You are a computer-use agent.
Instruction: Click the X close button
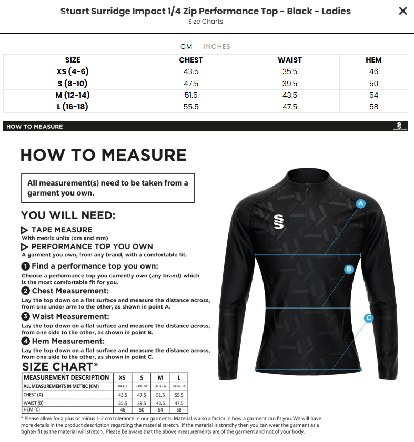(x=402, y=11)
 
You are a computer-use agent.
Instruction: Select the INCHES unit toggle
(x=217, y=46)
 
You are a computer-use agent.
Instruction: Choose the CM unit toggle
(x=186, y=46)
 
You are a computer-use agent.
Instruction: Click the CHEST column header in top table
(x=190, y=60)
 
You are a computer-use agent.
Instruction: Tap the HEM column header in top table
(x=373, y=60)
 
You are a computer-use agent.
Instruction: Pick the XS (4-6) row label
(x=73, y=71)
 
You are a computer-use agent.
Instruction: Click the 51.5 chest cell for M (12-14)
(x=190, y=95)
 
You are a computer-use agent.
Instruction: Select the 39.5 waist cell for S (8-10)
(x=289, y=84)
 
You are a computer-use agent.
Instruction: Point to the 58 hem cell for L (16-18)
(x=373, y=107)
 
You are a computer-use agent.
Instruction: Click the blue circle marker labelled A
(x=361, y=203)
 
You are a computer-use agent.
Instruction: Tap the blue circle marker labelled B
(x=348, y=270)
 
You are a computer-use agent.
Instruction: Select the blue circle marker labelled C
(x=369, y=317)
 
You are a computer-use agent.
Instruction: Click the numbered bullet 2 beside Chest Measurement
(x=25, y=291)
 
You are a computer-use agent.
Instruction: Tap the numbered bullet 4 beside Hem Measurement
(x=25, y=341)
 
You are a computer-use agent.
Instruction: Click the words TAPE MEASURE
(x=62, y=230)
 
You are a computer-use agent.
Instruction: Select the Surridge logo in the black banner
(x=399, y=126)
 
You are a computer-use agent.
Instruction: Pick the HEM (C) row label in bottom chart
(x=32, y=409)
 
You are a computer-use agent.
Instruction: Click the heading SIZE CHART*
(x=60, y=366)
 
